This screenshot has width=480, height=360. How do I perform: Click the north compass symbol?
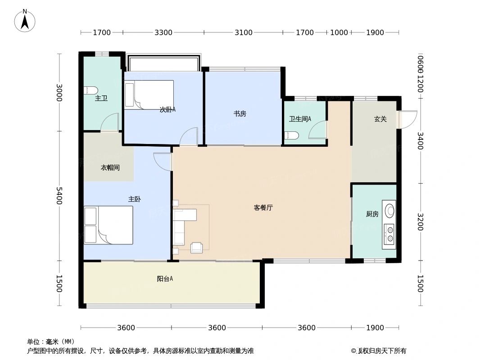coord(25,21)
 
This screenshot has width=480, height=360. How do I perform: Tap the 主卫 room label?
coord(101,98)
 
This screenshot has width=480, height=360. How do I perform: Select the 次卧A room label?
coord(168,109)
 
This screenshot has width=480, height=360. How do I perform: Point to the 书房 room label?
coord(240,114)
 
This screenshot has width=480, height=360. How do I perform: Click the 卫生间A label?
coord(300,119)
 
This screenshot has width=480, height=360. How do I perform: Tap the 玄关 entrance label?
coord(380,119)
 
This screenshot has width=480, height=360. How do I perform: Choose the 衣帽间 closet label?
coord(110,168)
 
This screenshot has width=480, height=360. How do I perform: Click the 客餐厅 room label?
coord(263,208)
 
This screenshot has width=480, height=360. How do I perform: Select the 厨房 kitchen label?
coord(372,214)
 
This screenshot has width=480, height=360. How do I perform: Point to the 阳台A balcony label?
coord(165,279)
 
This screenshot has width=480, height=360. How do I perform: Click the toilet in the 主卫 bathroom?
coord(91,90)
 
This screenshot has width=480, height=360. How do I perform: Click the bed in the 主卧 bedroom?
coord(109,225)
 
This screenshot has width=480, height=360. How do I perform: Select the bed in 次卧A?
coord(149,95)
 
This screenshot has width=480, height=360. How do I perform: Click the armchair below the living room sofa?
coord(197,247)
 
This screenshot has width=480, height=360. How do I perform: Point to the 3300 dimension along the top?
coord(163,32)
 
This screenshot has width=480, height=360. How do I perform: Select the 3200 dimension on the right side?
coord(420,222)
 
